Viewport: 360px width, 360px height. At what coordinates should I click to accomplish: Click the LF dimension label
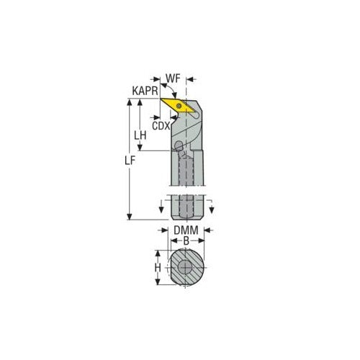(122, 163)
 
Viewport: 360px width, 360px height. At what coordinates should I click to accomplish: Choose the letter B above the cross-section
(186, 240)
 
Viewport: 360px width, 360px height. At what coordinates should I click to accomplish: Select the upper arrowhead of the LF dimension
(130, 102)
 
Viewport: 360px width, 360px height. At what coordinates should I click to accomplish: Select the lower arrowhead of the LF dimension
(130, 217)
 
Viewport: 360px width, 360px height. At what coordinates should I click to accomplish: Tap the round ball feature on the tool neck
(177, 147)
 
